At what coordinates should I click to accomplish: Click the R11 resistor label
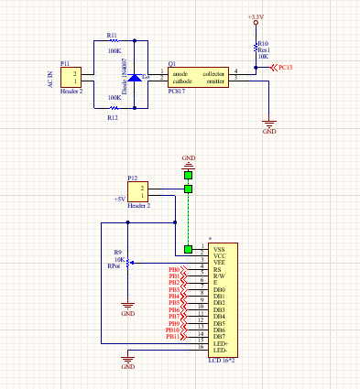click(112, 35)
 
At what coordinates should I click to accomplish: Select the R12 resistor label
click(112, 117)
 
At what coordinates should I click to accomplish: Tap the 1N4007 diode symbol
click(135, 78)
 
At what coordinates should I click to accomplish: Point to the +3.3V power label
click(256, 16)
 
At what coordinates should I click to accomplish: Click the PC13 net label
click(285, 68)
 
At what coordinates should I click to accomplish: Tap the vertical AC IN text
click(50, 79)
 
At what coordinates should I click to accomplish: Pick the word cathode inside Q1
click(183, 80)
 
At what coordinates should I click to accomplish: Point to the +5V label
click(119, 199)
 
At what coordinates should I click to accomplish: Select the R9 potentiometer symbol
click(128, 263)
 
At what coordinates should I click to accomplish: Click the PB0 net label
click(174, 270)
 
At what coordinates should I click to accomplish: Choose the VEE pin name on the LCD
click(220, 263)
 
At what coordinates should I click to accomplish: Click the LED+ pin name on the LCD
click(221, 343)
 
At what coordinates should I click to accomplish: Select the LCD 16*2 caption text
click(223, 361)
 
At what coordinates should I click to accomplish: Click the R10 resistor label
click(263, 43)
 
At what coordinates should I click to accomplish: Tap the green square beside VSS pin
click(189, 249)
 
